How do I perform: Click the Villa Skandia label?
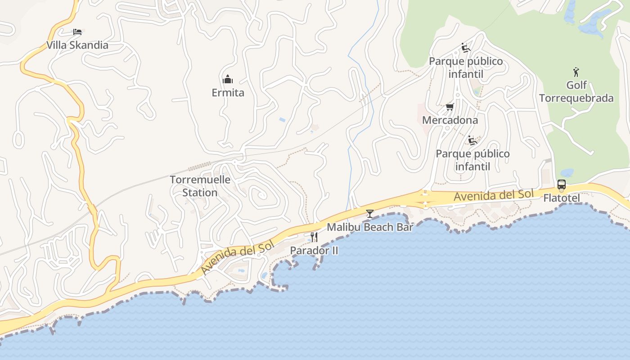click(x=77, y=45)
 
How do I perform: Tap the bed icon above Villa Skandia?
click(x=77, y=32)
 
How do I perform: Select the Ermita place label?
click(x=228, y=93)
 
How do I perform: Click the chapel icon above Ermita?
click(x=228, y=80)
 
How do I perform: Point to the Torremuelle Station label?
click(x=200, y=186)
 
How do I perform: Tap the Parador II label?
click(x=314, y=250)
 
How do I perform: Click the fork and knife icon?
click(x=314, y=237)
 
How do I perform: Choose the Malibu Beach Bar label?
click(x=369, y=227)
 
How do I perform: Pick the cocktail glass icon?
click(x=370, y=214)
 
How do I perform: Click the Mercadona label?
click(x=450, y=120)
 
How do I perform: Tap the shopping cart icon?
click(x=450, y=107)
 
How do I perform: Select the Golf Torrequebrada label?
click(x=576, y=91)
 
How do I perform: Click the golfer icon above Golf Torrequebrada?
click(x=576, y=72)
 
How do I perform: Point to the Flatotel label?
click(x=561, y=198)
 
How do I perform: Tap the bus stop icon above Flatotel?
click(x=561, y=184)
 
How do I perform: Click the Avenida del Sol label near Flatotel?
click(x=493, y=195)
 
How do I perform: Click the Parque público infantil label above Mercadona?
click(x=466, y=67)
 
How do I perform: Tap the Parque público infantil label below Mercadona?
click(x=472, y=160)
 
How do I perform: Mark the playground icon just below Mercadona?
click(x=472, y=140)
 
